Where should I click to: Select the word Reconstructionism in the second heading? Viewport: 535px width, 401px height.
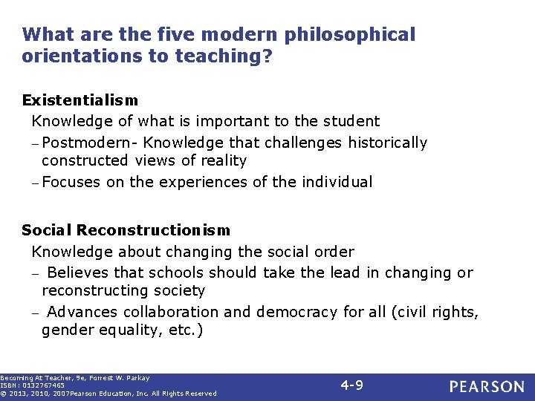(153, 230)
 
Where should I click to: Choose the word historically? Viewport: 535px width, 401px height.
(386, 143)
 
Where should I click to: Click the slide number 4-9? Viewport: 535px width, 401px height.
(351, 385)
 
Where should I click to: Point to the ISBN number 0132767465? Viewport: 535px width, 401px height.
(44, 385)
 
